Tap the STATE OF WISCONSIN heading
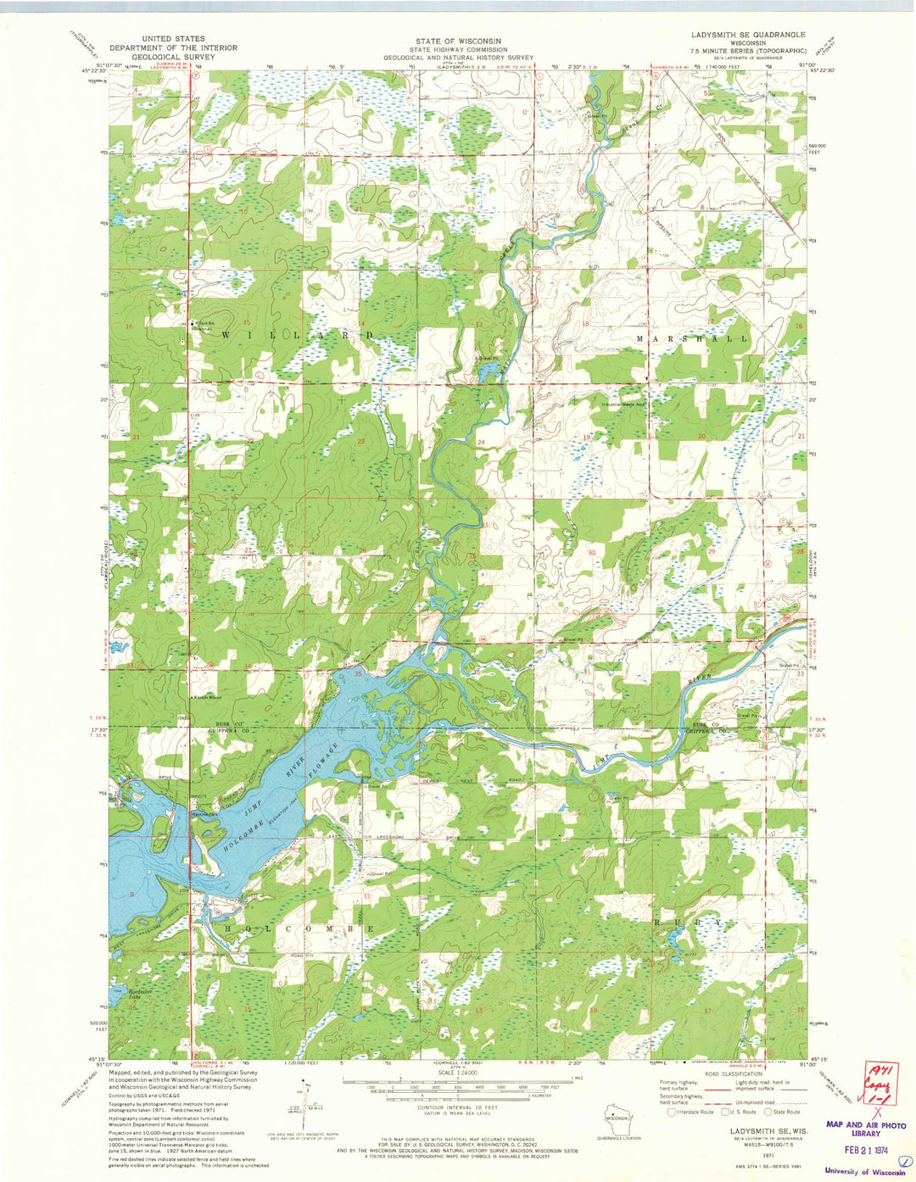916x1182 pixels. tap(458, 41)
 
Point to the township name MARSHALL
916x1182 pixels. tap(691, 338)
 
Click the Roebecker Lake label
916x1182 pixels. tap(139, 994)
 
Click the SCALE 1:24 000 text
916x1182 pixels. tap(458, 1073)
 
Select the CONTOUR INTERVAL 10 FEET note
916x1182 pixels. tap(458, 1107)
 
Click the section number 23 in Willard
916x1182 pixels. tap(360, 442)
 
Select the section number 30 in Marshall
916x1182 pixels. tap(591, 552)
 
